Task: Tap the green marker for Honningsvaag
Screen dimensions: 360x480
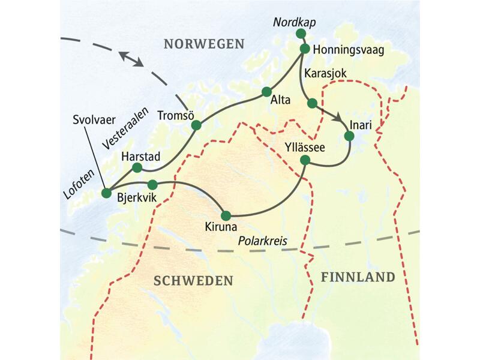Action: click(304, 49)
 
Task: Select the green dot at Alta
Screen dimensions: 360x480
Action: click(266, 92)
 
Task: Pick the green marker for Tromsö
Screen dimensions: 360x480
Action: click(196, 125)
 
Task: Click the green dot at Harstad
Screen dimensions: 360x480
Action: click(137, 167)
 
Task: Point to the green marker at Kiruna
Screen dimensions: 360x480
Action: click(226, 215)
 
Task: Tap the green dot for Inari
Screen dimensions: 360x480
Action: click(349, 136)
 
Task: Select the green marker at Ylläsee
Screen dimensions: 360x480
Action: click(305, 160)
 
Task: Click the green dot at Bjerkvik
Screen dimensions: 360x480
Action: click(152, 184)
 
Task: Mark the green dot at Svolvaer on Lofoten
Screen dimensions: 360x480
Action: click(107, 193)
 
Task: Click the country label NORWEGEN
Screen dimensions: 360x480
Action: click(205, 44)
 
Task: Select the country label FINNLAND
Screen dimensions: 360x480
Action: click(358, 277)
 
